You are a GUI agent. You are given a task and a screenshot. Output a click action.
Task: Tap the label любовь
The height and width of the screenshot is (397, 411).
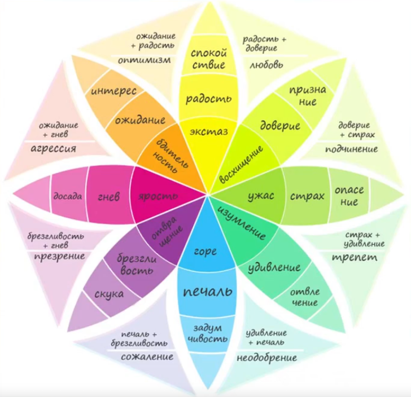[266, 64]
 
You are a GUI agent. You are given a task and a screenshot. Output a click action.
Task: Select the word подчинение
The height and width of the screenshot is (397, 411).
[352, 149]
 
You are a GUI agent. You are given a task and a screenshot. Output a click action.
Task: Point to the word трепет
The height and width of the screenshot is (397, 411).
[355, 257]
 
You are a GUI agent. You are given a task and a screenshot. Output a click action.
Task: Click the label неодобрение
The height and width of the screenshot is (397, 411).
[267, 358]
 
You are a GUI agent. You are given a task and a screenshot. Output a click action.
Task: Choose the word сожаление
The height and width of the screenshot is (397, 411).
[147, 356]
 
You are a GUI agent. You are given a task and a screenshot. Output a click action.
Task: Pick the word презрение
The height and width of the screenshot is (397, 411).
[60, 256]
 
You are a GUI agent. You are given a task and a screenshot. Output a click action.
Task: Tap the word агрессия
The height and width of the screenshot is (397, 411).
[54, 149]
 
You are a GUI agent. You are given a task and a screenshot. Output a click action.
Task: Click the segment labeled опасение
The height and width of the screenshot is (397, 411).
[349, 196]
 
